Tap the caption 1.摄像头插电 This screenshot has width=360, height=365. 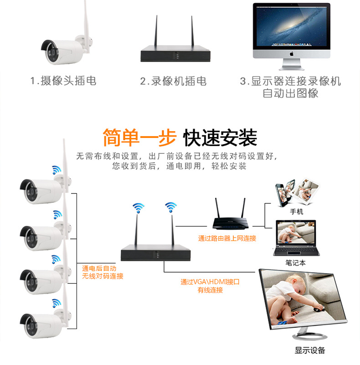click(63, 81)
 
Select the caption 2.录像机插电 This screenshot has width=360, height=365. click(173, 81)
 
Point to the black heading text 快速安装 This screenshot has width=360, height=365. click(220, 137)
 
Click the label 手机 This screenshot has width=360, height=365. click(296, 212)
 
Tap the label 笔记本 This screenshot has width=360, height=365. click(296, 263)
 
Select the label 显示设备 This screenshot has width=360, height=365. click(310, 350)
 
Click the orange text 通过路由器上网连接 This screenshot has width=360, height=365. click(227, 238)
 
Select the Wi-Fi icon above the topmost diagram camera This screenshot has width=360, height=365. click(56, 170)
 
